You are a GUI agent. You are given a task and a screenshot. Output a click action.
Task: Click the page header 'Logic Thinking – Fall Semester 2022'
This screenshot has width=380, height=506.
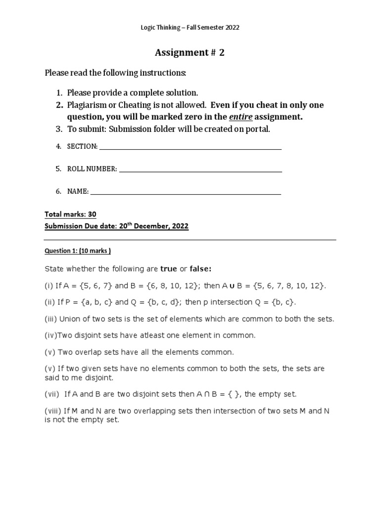(x=190, y=28)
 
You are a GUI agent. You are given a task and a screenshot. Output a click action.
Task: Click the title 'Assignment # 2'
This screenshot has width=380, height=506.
(x=190, y=53)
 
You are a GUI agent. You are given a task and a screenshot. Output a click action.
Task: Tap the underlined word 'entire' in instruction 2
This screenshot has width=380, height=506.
(x=239, y=117)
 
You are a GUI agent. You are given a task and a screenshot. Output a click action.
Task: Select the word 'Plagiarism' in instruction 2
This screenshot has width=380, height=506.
(x=87, y=105)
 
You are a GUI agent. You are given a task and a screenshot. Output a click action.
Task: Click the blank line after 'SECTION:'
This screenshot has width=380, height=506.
(x=190, y=146)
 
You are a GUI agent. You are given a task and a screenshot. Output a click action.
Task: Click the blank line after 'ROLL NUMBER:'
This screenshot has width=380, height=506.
(x=200, y=169)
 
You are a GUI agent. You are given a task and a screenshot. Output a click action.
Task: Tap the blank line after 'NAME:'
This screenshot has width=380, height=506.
(x=186, y=192)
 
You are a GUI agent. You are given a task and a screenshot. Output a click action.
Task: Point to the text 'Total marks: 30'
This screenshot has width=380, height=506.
(x=70, y=214)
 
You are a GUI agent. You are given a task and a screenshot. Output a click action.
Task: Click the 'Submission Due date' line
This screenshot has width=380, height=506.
(x=116, y=226)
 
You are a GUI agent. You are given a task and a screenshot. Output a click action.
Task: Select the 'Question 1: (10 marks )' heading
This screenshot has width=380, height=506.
(x=78, y=251)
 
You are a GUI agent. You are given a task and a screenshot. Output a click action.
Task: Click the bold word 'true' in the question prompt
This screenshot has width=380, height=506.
(x=169, y=269)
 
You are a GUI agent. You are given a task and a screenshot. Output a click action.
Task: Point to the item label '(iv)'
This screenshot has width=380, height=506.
(x=51, y=336)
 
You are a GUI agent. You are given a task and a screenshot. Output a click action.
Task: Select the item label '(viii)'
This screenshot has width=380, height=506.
(x=53, y=411)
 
